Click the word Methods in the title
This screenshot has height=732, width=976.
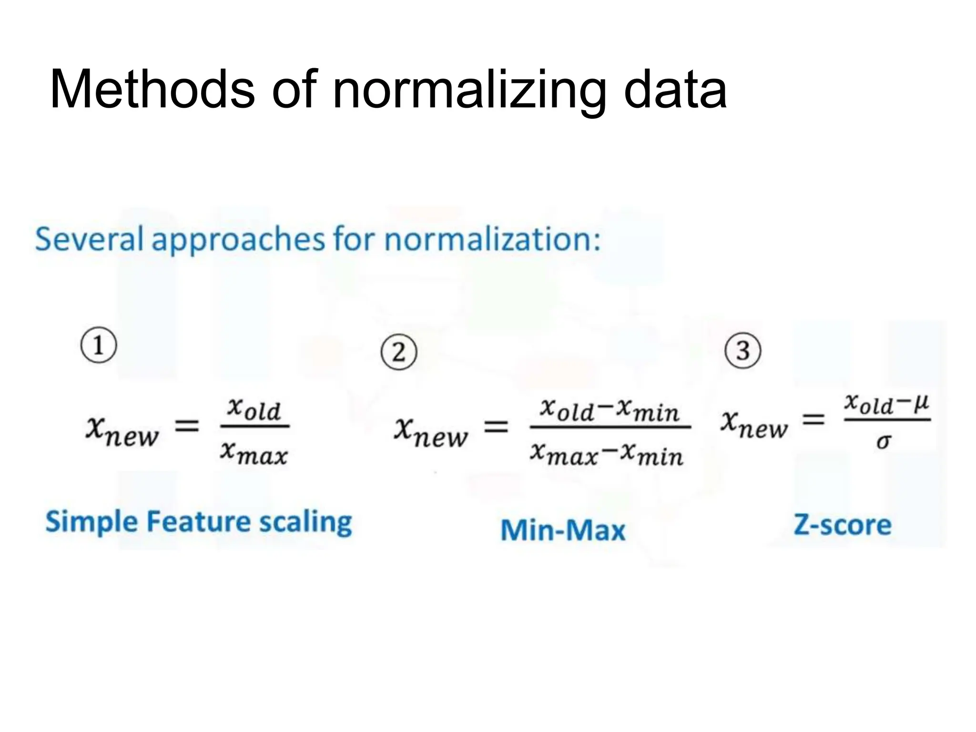tap(152, 90)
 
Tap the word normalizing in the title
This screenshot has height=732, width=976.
tap(469, 90)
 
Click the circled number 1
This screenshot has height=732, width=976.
tap(99, 346)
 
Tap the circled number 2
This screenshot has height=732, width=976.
tap(399, 353)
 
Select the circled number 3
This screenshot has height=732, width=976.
tap(742, 350)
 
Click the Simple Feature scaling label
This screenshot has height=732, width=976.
tap(199, 522)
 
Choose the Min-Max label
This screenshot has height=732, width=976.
tap(563, 530)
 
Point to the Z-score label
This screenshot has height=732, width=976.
tap(842, 525)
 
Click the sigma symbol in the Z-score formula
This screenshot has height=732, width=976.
tap(883, 442)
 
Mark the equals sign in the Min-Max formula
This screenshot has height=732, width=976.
tap(496, 427)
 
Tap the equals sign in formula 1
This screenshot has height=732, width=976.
tap(187, 426)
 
